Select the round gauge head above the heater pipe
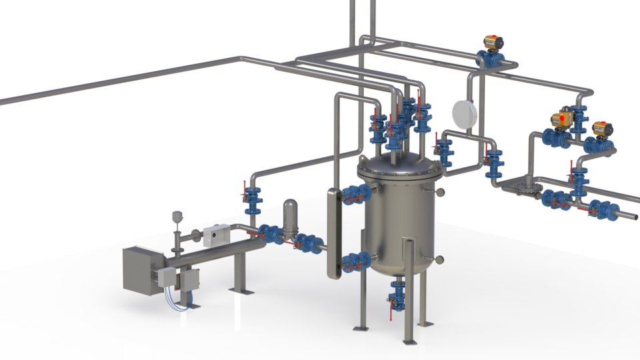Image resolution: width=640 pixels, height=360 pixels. [177, 216]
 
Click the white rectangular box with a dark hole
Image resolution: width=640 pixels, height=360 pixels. [217, 233]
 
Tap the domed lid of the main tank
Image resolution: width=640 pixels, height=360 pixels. [398, 167]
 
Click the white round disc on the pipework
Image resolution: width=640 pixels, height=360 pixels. [463, 113]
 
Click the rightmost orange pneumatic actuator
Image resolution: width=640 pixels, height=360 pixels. [603, 129]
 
